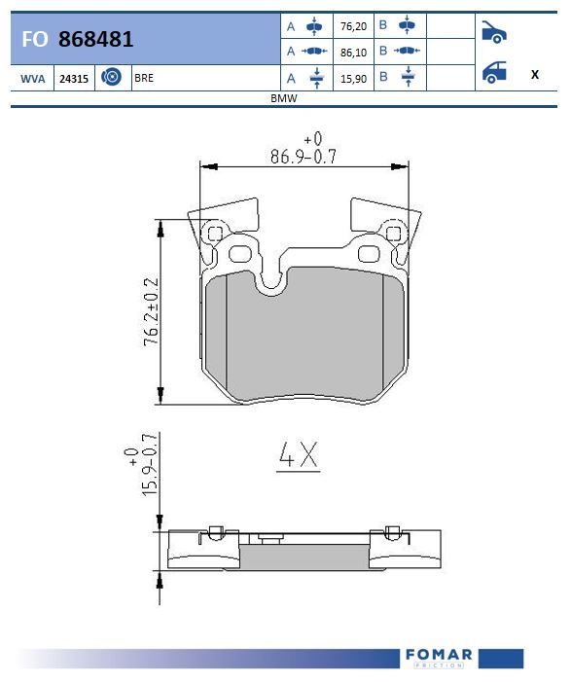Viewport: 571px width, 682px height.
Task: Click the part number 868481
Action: click(95, 39)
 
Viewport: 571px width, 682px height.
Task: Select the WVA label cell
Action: click(33, 79)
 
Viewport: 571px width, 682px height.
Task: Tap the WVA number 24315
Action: click(74, 79)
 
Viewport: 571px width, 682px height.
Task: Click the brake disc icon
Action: click(111, 77)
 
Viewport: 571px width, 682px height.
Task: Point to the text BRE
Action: click(144, 78)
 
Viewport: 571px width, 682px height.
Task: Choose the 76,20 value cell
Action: click(353, 26)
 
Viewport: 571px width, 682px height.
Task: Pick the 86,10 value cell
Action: click(353, 53)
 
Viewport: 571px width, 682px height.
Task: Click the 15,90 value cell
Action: click(353, 79)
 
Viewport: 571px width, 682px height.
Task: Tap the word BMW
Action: click(283, 98)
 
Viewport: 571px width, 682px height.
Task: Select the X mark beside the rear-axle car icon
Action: click(535, 74)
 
